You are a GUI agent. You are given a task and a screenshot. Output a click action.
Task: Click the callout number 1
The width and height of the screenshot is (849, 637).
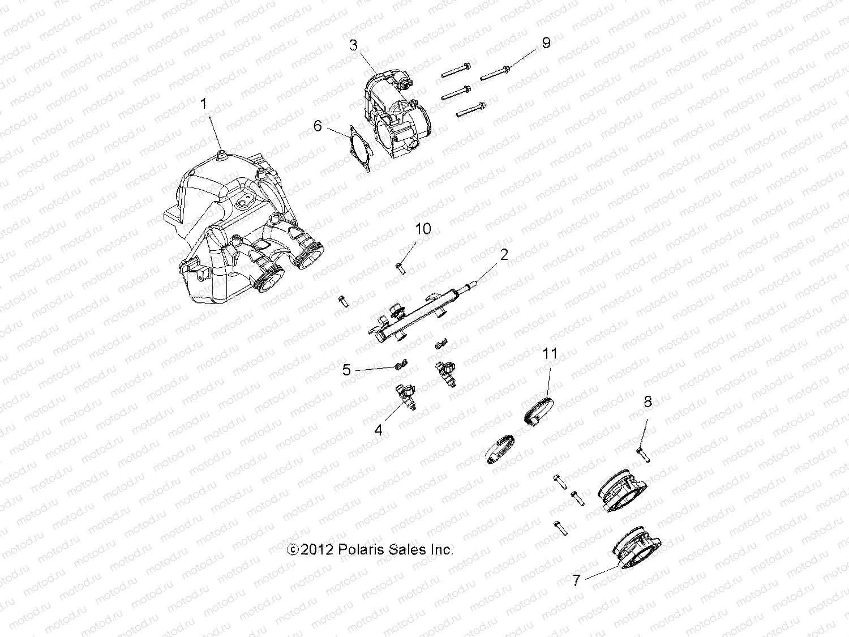pyautogui.click(x=204, y=104)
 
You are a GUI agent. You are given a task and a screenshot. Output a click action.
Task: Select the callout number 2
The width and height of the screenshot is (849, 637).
pyautogui.click(x=504, y=255)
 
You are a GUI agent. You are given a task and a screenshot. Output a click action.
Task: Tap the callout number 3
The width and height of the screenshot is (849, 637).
pyautogui.click(x=354, y=45)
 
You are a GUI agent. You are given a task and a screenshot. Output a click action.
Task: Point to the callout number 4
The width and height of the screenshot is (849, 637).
pyautogui.click(x=378, y=430)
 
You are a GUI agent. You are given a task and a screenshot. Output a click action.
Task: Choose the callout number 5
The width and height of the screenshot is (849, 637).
pyautogui.click(x=347, y=370)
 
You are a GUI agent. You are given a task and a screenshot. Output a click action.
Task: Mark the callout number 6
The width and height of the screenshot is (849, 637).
pyautogui.click(x=318, y=126)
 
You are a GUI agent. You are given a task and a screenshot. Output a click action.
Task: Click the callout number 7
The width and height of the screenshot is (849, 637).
pyautogui.click(x=576, y=580)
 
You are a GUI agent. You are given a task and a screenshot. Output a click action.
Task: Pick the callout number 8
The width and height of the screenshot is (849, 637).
pyautogui.click(x=648, y=402)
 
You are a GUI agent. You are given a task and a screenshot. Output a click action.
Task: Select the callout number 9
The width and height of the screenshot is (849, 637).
pyautogui.click(x=546, y=43)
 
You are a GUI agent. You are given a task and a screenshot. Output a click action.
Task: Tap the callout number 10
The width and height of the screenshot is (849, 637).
pyautogui.click(x=423, y=229)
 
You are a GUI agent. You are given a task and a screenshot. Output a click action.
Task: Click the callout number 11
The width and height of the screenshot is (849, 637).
pyautogui.click(x=550, y=354)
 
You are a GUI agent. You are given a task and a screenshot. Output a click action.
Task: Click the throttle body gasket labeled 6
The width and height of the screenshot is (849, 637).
pyautogui.click(x=354, y=148)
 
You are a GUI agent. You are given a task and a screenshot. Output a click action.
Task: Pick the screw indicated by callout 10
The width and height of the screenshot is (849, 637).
pyautogui.click(x=400, y=267)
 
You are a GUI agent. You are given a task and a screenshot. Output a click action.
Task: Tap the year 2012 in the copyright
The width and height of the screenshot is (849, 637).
pyautogui.click(x=318, y=550)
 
